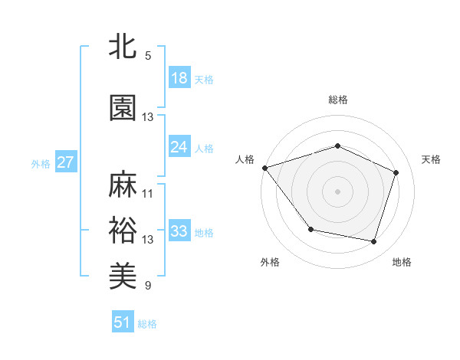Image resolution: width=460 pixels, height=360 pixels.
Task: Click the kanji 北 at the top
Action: point(123,47)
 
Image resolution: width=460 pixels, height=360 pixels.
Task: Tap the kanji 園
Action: point(123,109)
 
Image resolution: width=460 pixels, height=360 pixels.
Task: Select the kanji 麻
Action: point(123,185)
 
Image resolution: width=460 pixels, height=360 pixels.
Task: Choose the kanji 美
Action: point(123,275)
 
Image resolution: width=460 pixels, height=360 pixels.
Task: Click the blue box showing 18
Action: point(179,78)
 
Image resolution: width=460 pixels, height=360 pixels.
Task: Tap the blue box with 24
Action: point(179,147)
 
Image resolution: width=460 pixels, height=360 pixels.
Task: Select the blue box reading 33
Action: point(179,231)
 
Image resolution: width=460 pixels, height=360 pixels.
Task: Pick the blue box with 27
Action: point(65,162)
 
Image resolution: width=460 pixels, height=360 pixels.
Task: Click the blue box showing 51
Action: point(123,322)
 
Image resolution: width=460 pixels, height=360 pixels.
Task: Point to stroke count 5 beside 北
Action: point(147,56)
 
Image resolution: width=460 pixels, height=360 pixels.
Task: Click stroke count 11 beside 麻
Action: point(147,193)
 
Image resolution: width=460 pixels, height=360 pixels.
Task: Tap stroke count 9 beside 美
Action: point(147,286)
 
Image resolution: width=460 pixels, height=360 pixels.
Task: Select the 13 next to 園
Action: point(147,117)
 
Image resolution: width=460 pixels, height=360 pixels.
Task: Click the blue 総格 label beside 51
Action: point(147,324)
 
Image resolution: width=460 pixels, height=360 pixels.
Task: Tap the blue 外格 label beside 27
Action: point(41,163)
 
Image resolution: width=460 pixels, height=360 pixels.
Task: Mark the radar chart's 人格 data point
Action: point(264,168)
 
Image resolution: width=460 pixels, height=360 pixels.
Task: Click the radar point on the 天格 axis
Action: point(396,172)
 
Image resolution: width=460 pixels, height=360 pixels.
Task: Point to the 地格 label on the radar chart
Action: point(402,262)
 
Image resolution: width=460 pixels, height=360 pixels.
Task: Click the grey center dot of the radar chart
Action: point(337,191)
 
